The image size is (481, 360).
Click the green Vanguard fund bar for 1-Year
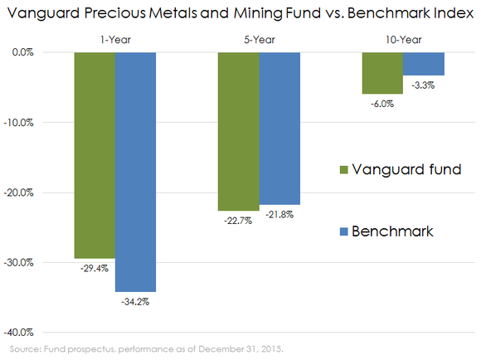[x=95, y=155]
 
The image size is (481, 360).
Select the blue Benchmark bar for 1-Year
[x=136, y=172]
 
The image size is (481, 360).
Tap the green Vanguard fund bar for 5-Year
[x=239, y=131]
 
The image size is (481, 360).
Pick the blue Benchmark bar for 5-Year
[x=279, y=129]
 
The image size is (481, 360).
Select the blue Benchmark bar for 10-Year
[x=423, y=64]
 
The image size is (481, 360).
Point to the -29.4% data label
[x=95, y=269]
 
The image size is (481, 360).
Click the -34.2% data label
[x=136, y=302]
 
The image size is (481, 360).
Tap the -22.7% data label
[x=239, y=221]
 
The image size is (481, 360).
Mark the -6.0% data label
[x=382, y=104]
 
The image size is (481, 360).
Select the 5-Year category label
[x=259, y=40]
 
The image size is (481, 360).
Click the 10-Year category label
[x=403, y=40]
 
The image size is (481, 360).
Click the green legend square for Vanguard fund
[x=345, y=170]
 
